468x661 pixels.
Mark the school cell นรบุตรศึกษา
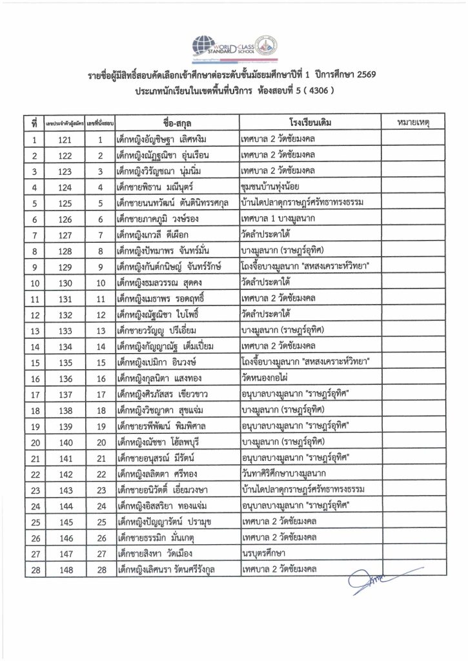click(262, 553)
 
